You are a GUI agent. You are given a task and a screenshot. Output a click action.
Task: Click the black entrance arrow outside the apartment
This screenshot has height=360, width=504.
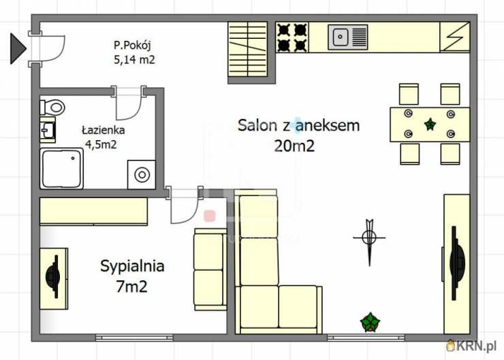[x=17, y=48]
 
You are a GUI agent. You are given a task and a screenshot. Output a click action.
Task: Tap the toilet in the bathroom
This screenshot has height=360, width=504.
[x=52, y=108]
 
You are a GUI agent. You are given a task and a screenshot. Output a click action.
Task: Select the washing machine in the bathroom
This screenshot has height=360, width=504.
[x=142, y=175]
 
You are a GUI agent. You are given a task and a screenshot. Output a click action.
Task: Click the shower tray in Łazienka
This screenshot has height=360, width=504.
[x=61, y=168]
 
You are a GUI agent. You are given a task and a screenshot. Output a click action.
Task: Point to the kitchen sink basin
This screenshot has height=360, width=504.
[x=340, y=37]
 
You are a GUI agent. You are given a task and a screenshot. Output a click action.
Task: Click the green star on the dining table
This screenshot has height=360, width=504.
[x=430, y=124]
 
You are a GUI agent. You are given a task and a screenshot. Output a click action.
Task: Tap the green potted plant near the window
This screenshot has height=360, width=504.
[x=370, y=322]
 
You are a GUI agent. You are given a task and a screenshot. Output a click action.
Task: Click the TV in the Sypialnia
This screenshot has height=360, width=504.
[x=53, y=276]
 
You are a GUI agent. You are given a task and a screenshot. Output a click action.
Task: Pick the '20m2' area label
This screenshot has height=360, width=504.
[x=294, y=146]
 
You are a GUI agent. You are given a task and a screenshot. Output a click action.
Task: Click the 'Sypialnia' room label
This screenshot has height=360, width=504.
[x=132, y=266]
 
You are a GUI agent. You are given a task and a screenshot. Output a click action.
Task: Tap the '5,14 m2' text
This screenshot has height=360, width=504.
[x=134, y=60]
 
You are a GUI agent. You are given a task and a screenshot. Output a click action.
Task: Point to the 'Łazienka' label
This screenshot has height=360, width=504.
[x=103, y=130]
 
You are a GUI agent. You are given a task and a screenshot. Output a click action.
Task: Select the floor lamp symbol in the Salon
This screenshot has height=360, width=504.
[x=369, y=238]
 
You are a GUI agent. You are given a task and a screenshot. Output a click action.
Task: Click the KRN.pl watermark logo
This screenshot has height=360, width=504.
[x=471, y=346]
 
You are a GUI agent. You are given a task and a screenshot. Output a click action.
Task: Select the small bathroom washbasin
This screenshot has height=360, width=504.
[x=48, y=130]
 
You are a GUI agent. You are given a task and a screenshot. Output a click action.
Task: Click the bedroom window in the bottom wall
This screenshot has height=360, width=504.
[x=134, y=337]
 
